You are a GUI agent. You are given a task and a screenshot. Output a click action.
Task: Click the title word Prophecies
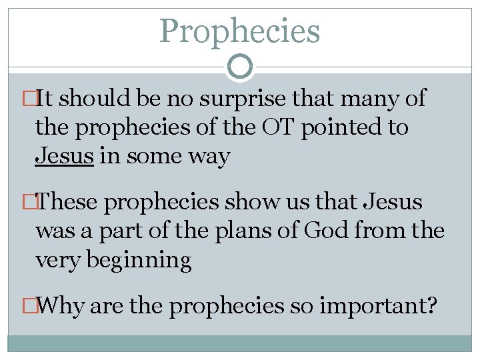tap(240, 31)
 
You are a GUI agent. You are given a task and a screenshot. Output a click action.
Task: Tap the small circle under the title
tap(240, 66)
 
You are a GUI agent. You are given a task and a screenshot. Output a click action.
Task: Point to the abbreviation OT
tap(276, 127)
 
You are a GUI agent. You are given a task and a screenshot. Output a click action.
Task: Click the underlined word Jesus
tap(64, 156)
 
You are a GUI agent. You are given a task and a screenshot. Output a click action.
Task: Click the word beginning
tap(142, 259)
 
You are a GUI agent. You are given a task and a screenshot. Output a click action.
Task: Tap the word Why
tap(62, 305)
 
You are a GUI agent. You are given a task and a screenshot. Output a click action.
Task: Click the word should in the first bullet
tap(93, 99)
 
